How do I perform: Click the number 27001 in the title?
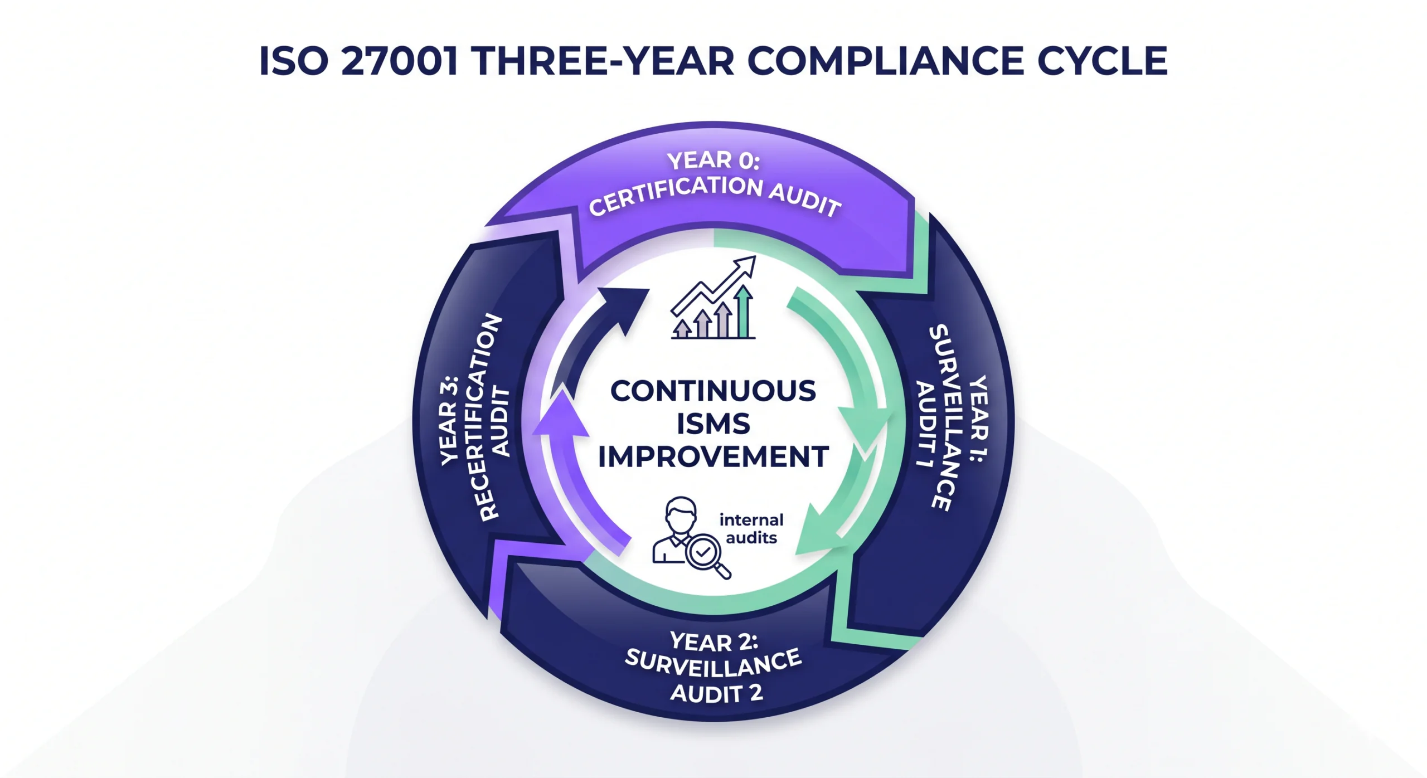[399, 61]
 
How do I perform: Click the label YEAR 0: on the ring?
[713, 160]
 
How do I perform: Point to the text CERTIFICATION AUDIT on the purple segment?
[715, 196]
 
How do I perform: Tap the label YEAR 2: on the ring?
[714, 641]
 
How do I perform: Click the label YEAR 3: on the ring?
[449, 421]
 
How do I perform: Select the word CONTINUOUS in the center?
[713, 391]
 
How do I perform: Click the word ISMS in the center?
[713, 424]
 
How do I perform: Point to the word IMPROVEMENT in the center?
[713, 457]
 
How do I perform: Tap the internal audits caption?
[751, 529]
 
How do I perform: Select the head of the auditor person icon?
[681, 516]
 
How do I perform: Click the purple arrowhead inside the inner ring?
[562, 413]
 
